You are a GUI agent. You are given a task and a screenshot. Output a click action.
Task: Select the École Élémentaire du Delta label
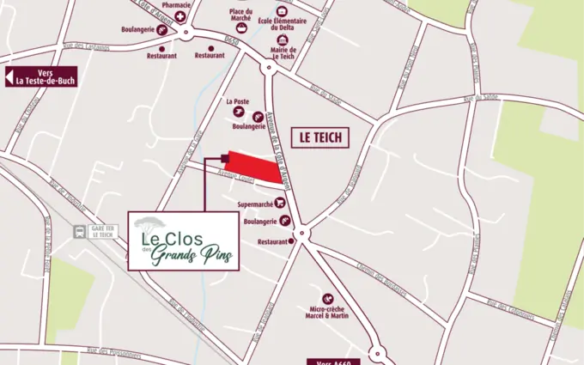[282, 19]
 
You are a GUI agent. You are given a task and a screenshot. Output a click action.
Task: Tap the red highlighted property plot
[258, 167]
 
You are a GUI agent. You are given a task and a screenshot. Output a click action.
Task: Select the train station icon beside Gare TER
[80, 230]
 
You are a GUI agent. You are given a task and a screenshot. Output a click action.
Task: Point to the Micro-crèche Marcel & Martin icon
[328, 298]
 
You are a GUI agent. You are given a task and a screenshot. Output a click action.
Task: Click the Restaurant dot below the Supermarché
[292, 242]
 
